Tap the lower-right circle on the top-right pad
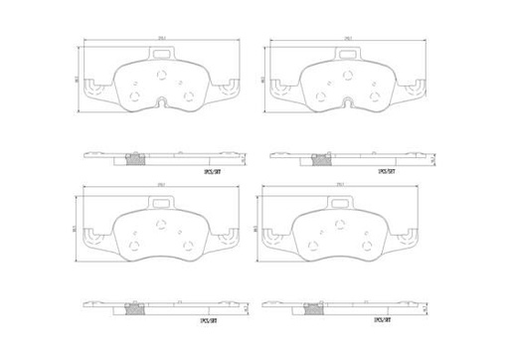coord(373,95)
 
